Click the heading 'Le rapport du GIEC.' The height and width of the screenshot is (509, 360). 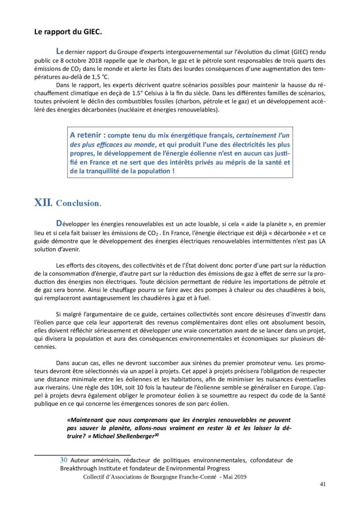[x=68, y=32]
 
